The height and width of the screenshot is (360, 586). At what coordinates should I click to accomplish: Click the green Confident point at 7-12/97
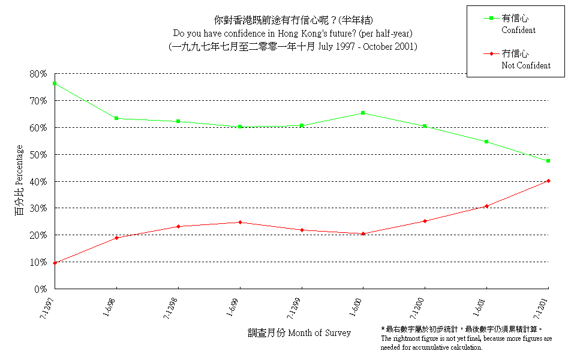55,83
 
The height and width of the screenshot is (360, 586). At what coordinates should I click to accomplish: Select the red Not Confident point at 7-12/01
548,181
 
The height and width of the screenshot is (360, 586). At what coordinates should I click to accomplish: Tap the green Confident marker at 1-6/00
363,113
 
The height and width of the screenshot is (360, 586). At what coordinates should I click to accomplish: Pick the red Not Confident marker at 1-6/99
240,222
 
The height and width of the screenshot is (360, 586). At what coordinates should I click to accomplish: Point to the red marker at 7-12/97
55,263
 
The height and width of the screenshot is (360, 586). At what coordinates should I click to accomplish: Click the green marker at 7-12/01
548,161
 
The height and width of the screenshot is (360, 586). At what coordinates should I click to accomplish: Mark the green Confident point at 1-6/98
116,118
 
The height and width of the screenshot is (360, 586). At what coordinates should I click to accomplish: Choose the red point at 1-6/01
486,206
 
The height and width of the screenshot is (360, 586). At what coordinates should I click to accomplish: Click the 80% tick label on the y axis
37,74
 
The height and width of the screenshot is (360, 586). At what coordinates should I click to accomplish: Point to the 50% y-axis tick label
37,154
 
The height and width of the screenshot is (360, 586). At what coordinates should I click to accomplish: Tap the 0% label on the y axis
40,289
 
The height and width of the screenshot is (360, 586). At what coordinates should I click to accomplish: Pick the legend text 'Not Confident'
525,65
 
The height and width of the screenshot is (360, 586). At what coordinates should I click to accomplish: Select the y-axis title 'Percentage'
20,180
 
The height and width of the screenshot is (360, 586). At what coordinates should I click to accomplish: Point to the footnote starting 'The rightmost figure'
467,343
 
